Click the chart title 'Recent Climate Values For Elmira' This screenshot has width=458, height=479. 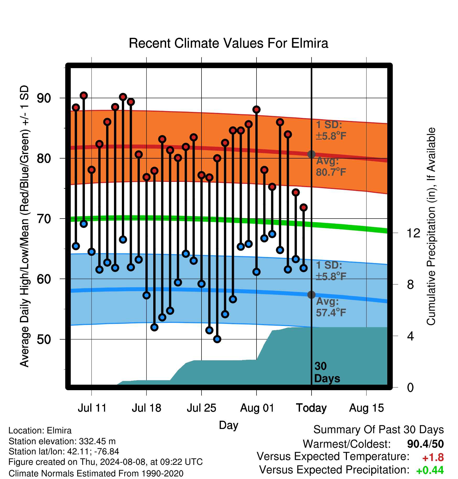(228, 43)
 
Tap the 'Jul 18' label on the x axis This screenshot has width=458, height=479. (146, 408)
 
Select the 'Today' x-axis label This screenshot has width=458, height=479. (311, 408)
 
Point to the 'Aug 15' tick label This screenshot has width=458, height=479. (367, 408)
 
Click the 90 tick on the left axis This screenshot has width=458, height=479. (44, 98)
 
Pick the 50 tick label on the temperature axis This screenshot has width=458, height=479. (44, 339)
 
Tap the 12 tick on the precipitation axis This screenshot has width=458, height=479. (413, 233)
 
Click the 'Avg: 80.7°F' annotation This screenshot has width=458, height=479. (331, 167)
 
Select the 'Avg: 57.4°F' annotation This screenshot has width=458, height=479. (331, 307)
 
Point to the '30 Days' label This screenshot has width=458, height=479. (327, 372)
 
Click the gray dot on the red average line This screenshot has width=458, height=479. (311, 154)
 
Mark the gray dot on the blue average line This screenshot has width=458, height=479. (311, 295)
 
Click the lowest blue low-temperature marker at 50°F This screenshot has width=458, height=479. (217, 339)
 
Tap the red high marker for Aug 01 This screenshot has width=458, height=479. (257, 110)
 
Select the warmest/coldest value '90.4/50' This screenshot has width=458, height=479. (426, 444)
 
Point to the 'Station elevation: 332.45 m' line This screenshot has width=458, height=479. (62, 441)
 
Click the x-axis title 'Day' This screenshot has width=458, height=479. (228, 425)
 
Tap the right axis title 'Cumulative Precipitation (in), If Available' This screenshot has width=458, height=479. (431, 226)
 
